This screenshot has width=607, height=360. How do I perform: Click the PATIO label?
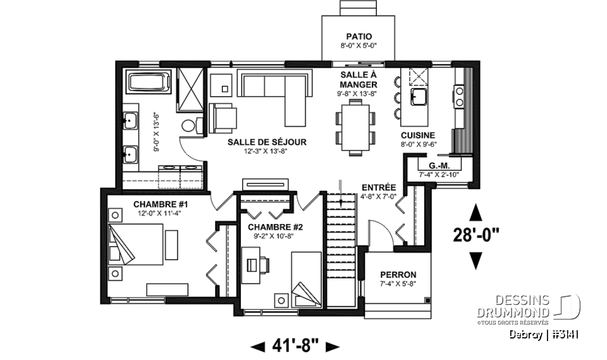coord(359,37)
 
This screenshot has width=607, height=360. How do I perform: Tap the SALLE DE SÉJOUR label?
coord(267,142)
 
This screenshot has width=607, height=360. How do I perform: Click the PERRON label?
coord(398,274)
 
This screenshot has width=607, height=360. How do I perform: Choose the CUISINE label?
coord(418,135)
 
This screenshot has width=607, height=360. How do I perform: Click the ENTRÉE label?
coord(379,187)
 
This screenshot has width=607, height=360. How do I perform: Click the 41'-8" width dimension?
coord(295,345)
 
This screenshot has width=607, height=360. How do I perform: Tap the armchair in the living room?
coord(223,116)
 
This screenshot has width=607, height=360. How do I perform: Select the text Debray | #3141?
coord(543,335)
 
